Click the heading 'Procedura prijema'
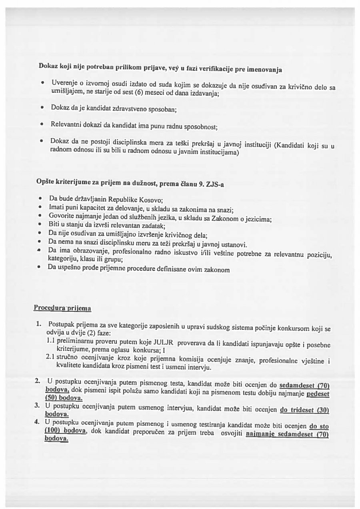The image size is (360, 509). [x=62, y=308]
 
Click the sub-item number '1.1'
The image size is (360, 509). [x=50, y=341]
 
